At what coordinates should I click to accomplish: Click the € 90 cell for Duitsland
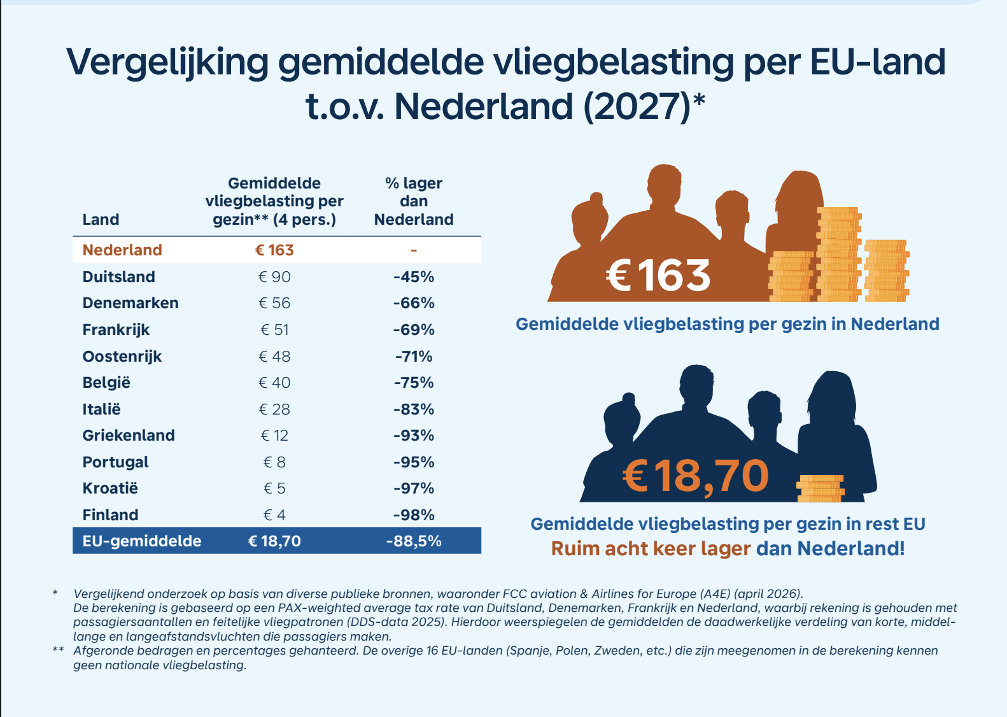pyautogui.click(x=274, y=276)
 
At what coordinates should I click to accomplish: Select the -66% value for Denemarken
pyautogui.click(x=414, y=303)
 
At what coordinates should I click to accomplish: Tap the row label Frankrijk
pyautogui.click(x=116, y=330)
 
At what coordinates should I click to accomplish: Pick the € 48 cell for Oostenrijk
pyautogui.click(x=274, y=356)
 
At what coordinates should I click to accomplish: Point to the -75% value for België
pyautogui.click(x=414, y=383)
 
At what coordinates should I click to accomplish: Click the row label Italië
pyautogui.click(x=102, y=409)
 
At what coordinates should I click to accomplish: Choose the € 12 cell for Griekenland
pyautogui.click(x=274, y=436)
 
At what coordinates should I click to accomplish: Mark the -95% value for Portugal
pyautogui.click(x=414, y=462)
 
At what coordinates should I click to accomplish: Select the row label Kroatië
pyautogui.click(x=110, y=488)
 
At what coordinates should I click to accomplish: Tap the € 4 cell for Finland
pyautogui.click(x=274, y=515)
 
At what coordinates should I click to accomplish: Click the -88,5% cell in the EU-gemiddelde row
pyautogui.click(x=414, y=541)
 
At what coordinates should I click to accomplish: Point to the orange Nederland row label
pyautogui.click(x=122, y=250)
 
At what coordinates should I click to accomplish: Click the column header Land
pyautogui.click(x=101, y=220)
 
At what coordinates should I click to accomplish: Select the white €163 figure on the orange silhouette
pyautogui.click(x=658, y=275)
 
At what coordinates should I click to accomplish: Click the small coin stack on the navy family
pyautogui.click(x=820, y=488)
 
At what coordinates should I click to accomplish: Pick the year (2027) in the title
pyautogui.click(x=637, y=107)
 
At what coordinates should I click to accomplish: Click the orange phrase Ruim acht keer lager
pyautogui.click(x=651, y=549)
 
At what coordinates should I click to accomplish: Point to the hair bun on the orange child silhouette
pyautogui.click(x=596, y=198)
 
